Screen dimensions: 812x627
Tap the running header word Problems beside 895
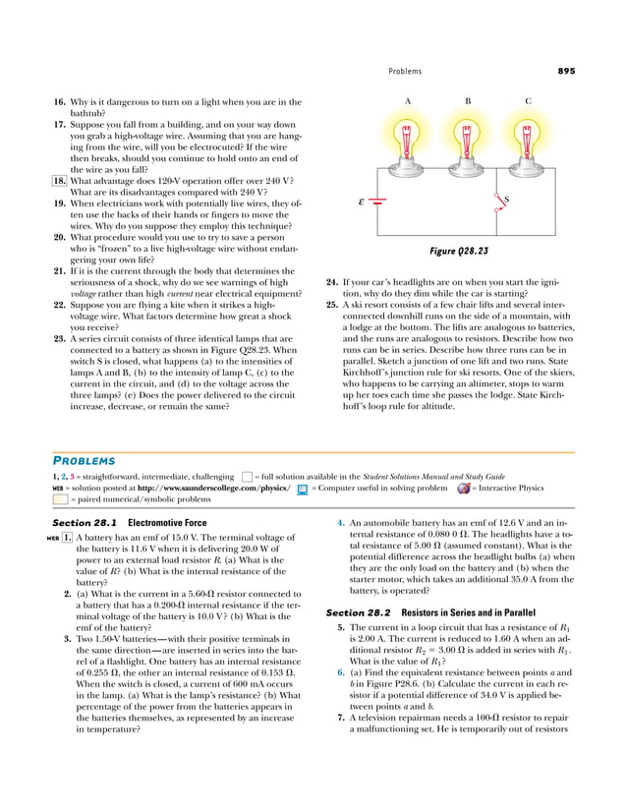pos(405,71)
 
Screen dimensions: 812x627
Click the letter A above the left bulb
pos(407,101)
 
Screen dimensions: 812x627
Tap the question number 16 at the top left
pos(59,101)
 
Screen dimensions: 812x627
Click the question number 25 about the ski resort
pos(331,303)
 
